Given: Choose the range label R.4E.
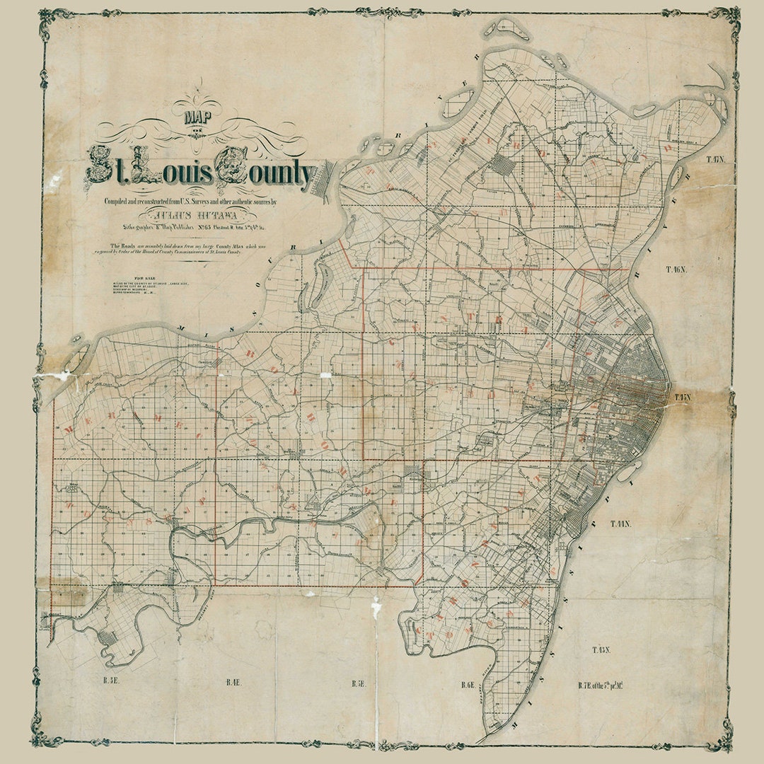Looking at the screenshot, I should pyautogui.click(x=234, y=683).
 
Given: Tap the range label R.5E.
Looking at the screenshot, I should pyautogui.click(x=358, y=684).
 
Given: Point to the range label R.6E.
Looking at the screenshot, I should pyautogui.click(x=467, y=685).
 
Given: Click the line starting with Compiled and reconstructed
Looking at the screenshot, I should pyautogui.click(x=191, y=201).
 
